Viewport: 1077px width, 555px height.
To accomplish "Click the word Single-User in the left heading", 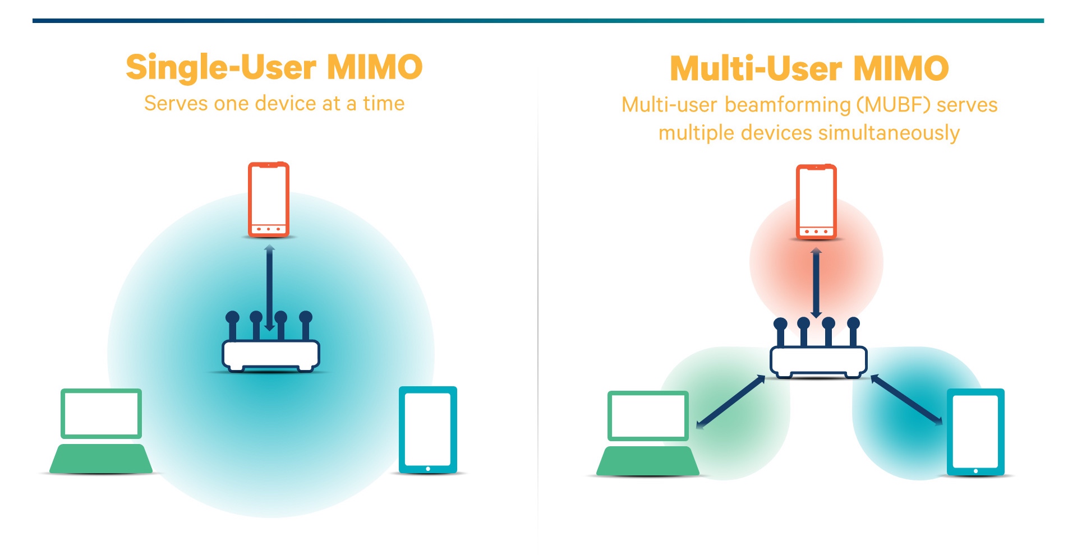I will click(221, 68).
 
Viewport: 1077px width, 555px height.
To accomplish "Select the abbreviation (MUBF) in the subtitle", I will click(894, 105).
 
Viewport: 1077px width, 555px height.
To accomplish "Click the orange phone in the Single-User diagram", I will click(269, 199).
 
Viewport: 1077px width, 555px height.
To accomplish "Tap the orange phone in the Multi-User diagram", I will click(816, 202).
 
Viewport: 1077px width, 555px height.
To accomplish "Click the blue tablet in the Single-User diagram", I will click(427, 429).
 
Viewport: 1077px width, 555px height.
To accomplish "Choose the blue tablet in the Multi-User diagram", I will click(975, 432).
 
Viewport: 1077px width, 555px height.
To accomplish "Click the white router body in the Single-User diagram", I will click(271, 354).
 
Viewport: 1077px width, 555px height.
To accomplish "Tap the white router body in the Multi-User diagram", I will click(818, 360).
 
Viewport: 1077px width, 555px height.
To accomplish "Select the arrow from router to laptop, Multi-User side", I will click(730, 401).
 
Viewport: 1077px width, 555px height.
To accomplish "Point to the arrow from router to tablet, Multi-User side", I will click(906, 400).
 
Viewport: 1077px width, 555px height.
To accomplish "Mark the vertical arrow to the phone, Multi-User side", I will click(816, 283).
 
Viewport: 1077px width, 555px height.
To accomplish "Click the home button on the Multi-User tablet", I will click(975, 471).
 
